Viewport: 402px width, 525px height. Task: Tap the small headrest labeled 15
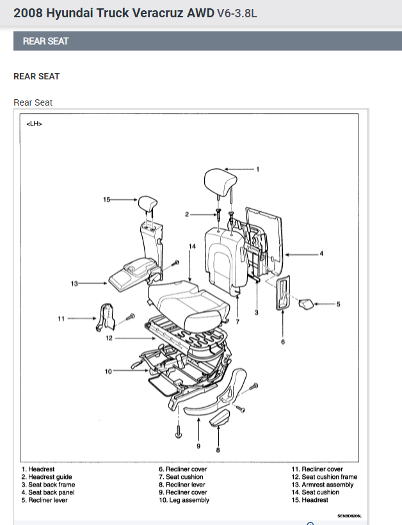(x=149, y=204)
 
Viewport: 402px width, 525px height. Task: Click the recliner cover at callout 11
(x=104, y=318)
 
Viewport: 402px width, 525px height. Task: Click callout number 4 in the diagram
(x=321, y=254)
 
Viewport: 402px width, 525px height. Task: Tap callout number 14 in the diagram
(x=191, y=246)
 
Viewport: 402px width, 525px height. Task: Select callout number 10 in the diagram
(x=108, y=371)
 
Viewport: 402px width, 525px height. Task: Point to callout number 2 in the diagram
(x=187, y=214)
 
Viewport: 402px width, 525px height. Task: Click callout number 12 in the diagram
(x=109, y=338)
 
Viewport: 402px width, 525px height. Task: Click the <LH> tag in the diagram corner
(x=35, y=124)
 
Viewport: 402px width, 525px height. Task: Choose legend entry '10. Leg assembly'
(x=184, y=500)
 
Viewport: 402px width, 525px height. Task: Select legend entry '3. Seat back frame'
(x=48, y=485)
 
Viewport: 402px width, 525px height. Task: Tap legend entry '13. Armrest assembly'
(x=322, y=485)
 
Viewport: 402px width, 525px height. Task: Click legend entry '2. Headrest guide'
(x=47, y=477)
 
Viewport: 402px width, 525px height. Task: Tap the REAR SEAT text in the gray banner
(x=45, y=41)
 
